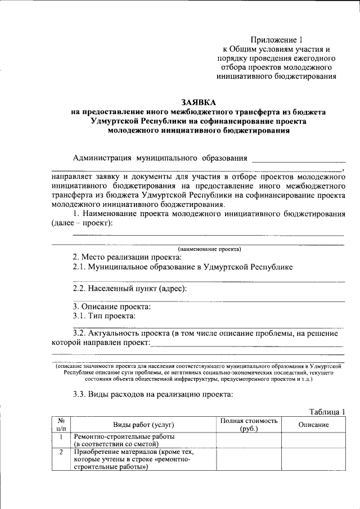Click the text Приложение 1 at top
coord(277,40)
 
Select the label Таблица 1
coord(327,412)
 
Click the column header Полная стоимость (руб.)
coord(249,425)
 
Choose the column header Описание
coord(313,425)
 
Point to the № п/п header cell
coord(61,425)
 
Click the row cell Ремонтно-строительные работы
coord(124,436)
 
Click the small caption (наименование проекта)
coord(209,249)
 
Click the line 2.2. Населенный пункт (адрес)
coord(129,289)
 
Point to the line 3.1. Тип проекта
coord(104,316)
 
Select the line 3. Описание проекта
coord(111,307)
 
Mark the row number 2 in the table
coord(61,451)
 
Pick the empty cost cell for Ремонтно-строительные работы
coord(249,440)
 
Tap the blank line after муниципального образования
coord(298,159)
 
